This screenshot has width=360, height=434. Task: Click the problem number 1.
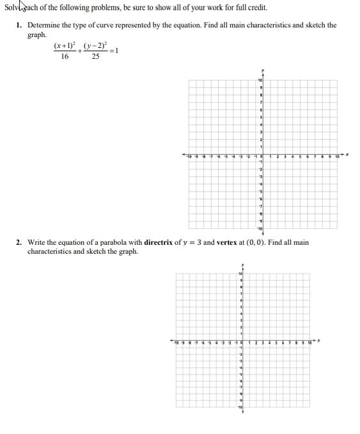[19, 26]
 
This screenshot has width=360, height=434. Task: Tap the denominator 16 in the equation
[65, 57]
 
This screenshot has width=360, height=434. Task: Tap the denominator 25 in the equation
[95, 57]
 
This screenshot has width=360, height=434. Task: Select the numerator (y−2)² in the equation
[96, 46]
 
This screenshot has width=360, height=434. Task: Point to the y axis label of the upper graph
[262, 70]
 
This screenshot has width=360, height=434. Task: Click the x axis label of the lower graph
[320, 341]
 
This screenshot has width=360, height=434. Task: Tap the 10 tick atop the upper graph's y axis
[260, 80]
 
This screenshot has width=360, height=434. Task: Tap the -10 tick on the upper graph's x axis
[189, 155]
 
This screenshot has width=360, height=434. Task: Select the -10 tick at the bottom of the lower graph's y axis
[240, 407]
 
